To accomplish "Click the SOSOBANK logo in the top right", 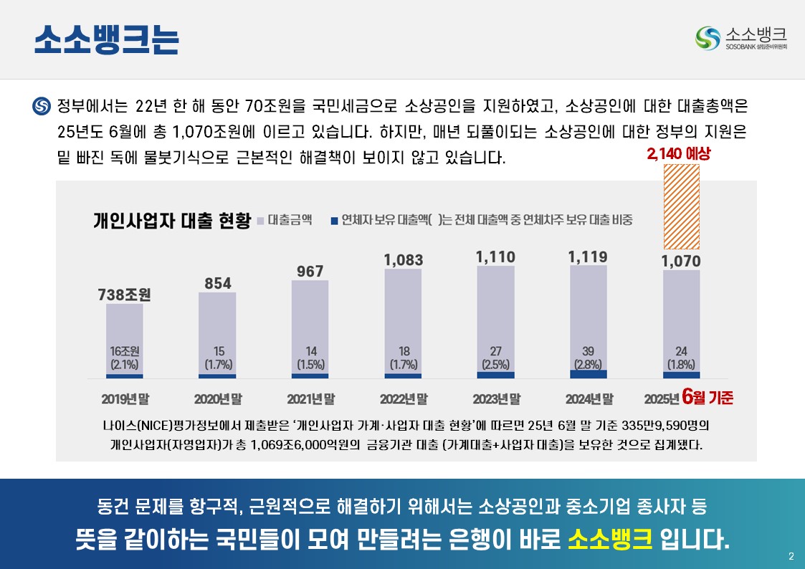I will click(742, 38).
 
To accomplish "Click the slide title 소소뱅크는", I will click(106, 40).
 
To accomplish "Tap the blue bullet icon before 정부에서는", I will click(42, 107).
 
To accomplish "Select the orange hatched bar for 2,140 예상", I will click(681, 205).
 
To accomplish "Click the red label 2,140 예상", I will click(677, 153).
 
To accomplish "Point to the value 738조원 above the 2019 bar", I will click(125, 295).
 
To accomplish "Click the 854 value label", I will click(217, 284).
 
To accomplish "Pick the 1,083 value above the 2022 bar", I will click(403, 260).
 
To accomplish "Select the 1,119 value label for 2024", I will click(588, 257).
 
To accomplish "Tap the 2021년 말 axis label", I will click(310, 398).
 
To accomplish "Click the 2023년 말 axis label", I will click(496, 398).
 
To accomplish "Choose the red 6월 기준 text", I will click(708, 396).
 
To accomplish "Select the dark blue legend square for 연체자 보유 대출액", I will click(334, 221).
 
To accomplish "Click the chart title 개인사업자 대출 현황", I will click(172, 220).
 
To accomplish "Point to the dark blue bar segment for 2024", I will click(589, 374).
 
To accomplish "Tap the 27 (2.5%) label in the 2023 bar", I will click(496, 358).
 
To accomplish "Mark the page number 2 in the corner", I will click(791, 557).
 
